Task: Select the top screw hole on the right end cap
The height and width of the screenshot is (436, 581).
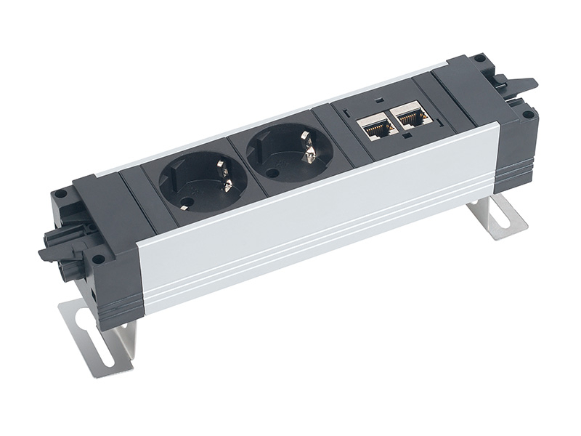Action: tap(479, 58)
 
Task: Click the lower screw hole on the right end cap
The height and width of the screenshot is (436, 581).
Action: tap(528, 114)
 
